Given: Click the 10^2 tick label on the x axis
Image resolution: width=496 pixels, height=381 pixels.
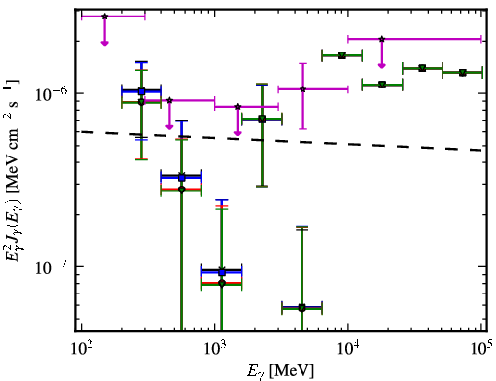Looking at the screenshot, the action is (x=81, y=348).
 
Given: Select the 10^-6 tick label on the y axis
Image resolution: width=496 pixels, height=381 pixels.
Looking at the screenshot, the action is (x=52, y=94).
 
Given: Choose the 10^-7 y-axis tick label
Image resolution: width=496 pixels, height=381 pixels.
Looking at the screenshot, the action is (x=52, y=267).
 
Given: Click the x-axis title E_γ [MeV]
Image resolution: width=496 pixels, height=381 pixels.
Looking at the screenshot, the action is (x=280, y=371).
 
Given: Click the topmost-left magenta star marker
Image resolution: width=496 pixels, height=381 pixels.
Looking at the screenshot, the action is (x=104, y=17).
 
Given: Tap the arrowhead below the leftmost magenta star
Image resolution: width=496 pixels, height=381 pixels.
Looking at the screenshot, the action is (x=104, y=43).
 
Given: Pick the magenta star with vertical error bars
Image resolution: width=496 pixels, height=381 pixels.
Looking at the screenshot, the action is (x=302, y=89).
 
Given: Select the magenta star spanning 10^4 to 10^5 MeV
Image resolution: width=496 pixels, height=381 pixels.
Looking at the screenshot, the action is (x=382, y=39).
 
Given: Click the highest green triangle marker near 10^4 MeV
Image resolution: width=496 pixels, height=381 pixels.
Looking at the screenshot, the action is (x=342, y=55).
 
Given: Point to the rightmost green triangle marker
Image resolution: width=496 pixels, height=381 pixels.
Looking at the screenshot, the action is (x=463, y=73).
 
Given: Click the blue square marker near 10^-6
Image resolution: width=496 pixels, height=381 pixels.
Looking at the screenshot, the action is (x=141, y=91).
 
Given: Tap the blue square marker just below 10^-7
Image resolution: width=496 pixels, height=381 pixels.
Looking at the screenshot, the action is (x=222, y=272).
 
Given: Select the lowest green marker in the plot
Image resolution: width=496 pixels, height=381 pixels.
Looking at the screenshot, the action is (x=301, y=308).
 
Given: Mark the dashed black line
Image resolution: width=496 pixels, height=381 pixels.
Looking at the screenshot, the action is (x=281, y=141).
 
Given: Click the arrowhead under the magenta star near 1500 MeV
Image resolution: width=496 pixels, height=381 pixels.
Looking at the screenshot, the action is (x=238, y=133).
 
